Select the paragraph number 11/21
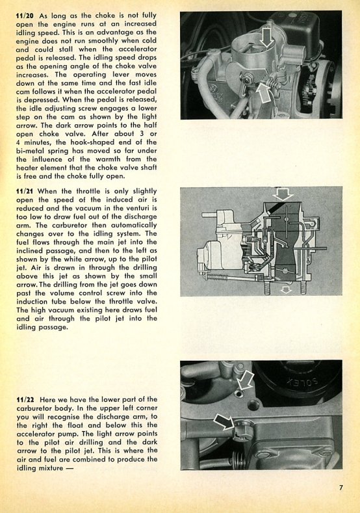[25, 191]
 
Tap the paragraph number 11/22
[26, 399]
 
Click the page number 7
[341, 487]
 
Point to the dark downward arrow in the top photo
[268, 38]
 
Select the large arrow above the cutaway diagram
[283, 194]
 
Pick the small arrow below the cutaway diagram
[286, 289]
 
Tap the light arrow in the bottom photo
[245, 380]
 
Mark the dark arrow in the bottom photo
[224, 422]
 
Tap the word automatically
[134, 226]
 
